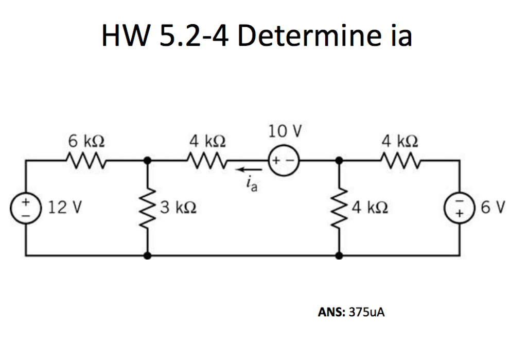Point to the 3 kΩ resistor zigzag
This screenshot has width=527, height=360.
[148, 209]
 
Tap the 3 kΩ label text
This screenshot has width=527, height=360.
[177, 208]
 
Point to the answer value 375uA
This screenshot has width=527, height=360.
[366, 312]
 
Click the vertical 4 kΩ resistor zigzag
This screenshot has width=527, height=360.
[339, 209]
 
